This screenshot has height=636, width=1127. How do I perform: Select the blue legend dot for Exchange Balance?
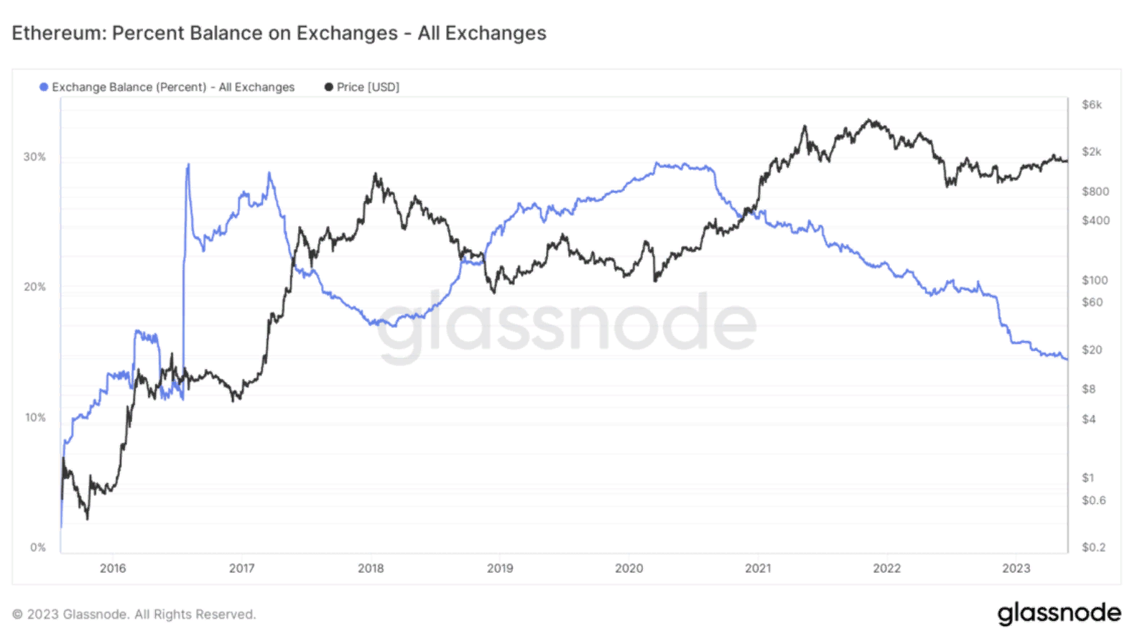44,87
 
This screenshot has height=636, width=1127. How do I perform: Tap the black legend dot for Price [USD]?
329,87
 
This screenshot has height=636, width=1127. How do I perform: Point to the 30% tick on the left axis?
34,156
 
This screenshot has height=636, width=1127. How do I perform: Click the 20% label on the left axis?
34,286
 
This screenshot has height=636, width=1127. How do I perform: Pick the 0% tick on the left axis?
38,547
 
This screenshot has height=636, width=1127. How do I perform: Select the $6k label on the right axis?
1092,105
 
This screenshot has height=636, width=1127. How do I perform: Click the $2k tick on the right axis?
1092,151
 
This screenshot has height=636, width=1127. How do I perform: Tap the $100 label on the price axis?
1095,280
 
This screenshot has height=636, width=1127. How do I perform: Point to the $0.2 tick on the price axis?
1093,547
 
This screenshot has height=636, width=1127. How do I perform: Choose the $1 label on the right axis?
1088,477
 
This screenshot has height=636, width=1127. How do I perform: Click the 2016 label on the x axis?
113,568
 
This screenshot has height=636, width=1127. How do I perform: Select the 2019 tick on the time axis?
500,568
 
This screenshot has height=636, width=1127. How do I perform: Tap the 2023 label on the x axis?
1016,568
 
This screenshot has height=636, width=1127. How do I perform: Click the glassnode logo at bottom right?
1059,613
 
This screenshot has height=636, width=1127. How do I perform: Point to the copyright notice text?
134,614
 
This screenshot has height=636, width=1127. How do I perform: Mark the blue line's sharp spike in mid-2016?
188,165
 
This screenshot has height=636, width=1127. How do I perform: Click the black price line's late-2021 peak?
871,121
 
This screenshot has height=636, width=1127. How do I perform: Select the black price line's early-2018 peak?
375,174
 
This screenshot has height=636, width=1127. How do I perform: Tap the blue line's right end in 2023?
1067,359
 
